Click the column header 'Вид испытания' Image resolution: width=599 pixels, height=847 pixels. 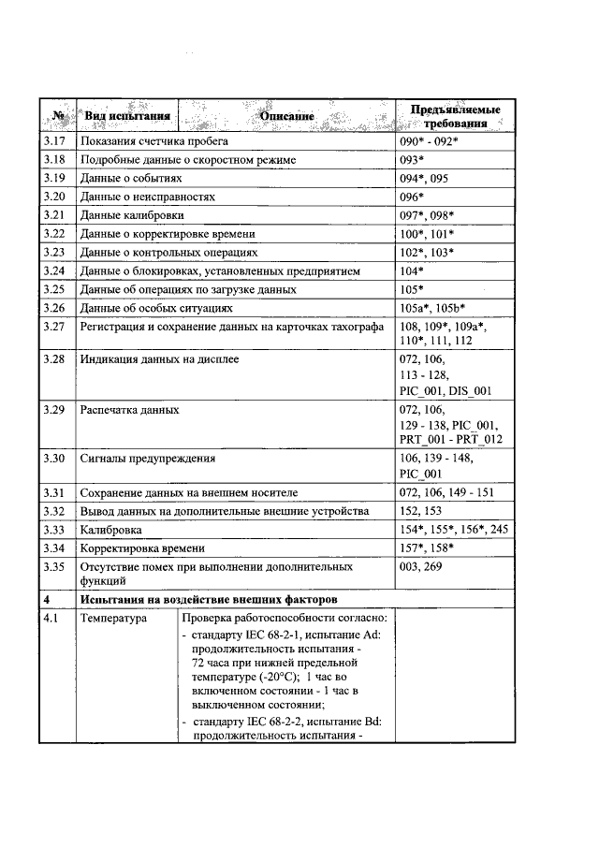[126, 116]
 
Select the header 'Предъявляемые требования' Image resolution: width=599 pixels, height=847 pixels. [455, 117]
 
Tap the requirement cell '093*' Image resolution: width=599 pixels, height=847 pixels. [412, 160]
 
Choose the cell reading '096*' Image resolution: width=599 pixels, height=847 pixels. [412, 197]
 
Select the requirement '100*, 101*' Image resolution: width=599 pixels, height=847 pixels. [427, 233]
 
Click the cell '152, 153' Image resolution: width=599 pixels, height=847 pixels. [420, 511]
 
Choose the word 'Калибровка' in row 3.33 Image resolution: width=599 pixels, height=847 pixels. [113, 530]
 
